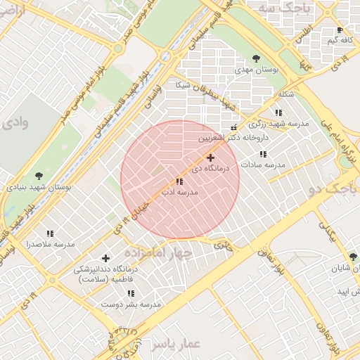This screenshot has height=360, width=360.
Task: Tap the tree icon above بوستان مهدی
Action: point(255,59)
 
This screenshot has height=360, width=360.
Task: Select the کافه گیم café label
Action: point(339,41)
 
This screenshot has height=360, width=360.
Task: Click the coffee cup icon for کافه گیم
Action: point(340,30)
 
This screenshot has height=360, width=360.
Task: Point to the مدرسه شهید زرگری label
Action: point(285,123)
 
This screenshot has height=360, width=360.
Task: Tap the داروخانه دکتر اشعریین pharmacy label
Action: point(233,139)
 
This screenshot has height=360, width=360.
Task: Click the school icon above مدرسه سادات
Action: point(263,154)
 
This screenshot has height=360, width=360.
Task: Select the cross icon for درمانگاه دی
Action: point(210,157)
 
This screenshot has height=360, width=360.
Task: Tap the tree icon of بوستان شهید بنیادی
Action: point(39,176)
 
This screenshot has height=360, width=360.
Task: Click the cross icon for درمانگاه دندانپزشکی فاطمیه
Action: point(105,259)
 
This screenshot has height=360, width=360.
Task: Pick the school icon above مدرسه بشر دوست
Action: point(131,293)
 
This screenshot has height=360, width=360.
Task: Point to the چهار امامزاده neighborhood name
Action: point(157,252)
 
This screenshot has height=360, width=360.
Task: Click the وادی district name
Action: point(15,123)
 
